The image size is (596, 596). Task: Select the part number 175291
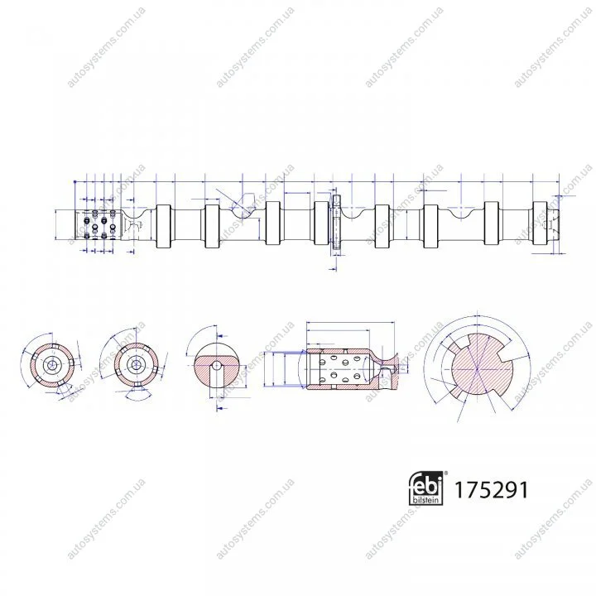491,490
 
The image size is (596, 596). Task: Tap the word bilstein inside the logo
425,500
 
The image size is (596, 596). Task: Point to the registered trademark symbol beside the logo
446,473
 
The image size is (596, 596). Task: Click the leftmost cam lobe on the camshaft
164,226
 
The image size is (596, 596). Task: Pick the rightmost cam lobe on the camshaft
540,223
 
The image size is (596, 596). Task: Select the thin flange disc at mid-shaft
337,222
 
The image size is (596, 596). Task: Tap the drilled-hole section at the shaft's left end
98,224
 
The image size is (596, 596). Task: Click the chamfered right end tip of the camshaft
554,224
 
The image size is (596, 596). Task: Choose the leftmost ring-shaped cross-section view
51,365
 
